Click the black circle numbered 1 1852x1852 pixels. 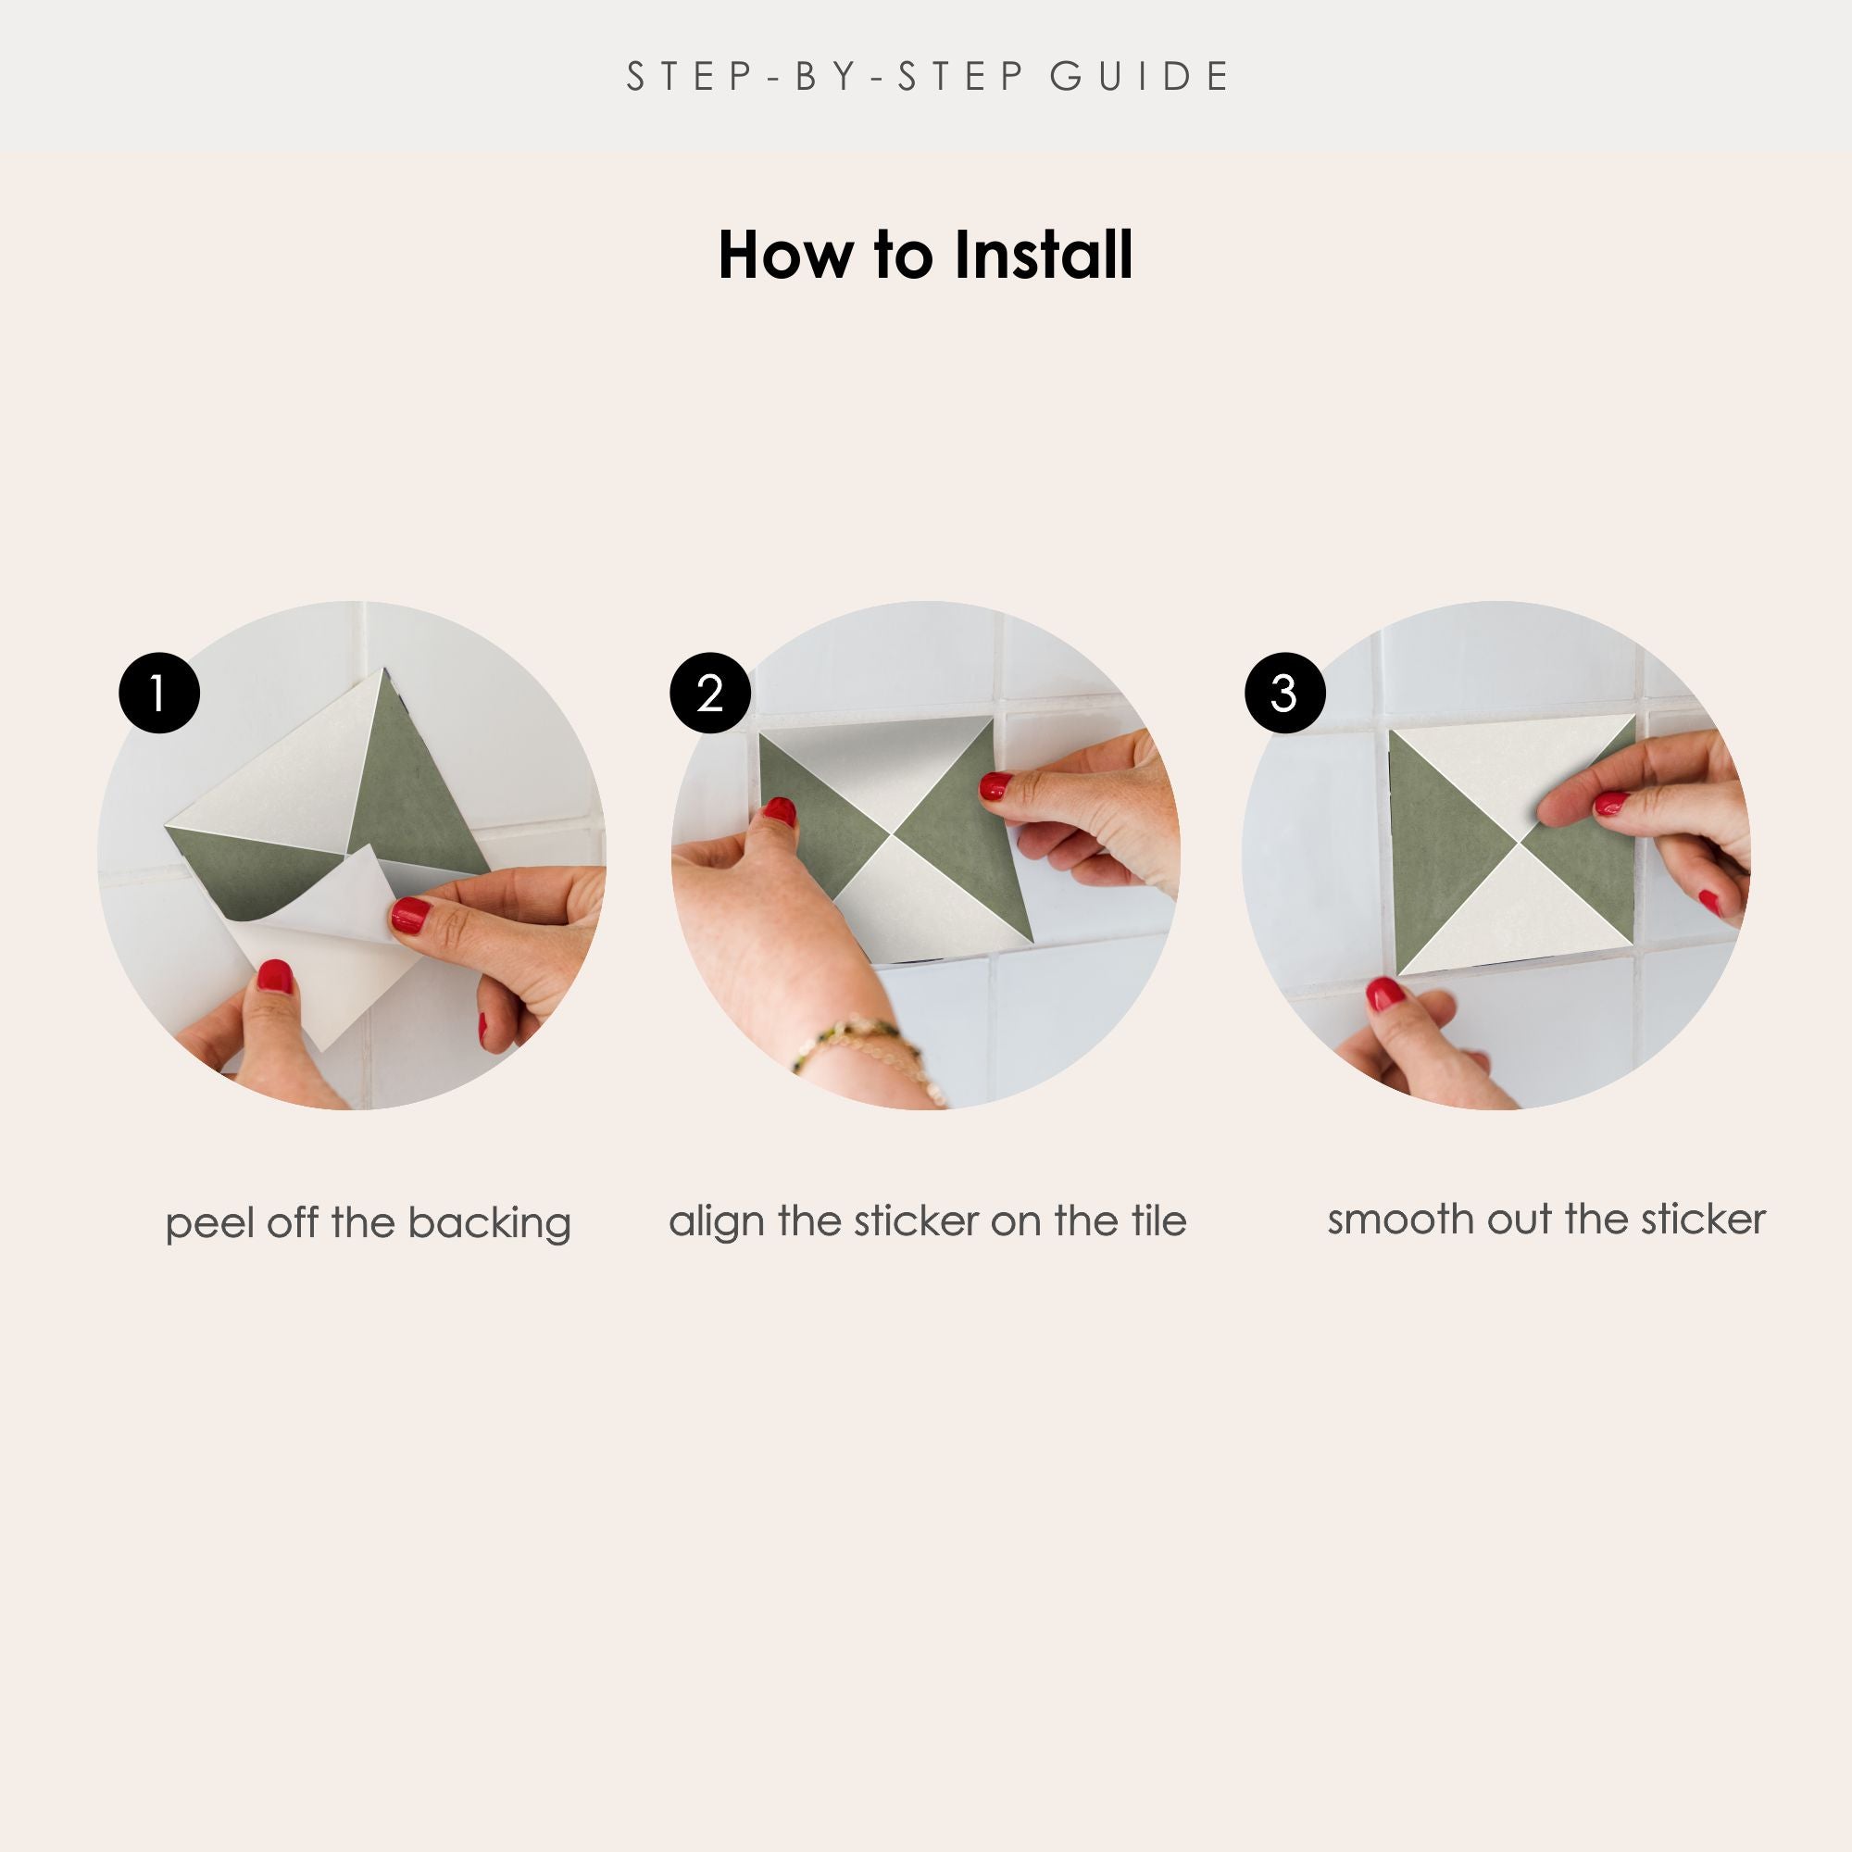coord(159,693)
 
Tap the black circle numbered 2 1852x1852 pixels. coord(710,693)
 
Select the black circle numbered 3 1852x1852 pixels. coord(1284,693)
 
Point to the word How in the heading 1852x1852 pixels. coord(784,256)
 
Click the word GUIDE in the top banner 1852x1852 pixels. coord(1139,77)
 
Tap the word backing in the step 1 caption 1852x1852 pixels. coord(489,1224)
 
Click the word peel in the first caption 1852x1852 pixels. coord(210,1224)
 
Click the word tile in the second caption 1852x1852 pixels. coord(1157,1220)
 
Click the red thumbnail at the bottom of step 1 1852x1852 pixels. coord(275,976)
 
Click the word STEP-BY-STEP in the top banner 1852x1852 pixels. coord(825,77)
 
